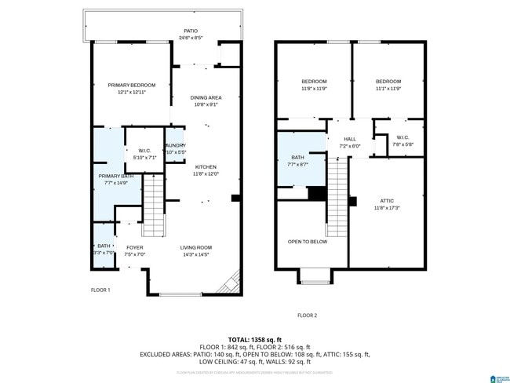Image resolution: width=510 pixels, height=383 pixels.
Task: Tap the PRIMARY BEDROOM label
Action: pyautogui.click(x=132, y=85)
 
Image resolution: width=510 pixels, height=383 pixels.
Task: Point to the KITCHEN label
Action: pyautogui.click(x=206, y=166)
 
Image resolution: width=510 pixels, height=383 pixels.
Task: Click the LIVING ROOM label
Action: pyautogui.click(x=196, y=247)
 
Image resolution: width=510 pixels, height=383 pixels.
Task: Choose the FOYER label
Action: pyautogui.click(x=135, y=247)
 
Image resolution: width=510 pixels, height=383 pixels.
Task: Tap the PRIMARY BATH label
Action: pyautogui.click(x=115, y=176)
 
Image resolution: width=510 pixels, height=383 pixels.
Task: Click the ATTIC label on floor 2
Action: pyautogui.click(x=388, y=200)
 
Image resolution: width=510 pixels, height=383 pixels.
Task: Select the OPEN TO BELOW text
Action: pyautogui.click(x=308, y=242)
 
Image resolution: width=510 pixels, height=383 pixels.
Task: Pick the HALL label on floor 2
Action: pyautogui.click(x=350, y=139)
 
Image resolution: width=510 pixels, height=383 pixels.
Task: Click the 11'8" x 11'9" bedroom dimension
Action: pyautogui.click(x=314, y=89)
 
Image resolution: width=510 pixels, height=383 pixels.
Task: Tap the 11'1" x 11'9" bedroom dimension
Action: pyautogui.click(x=388, y=89)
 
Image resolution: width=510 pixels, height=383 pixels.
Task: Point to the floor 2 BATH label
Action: pyautogui.click(x=287, y=157)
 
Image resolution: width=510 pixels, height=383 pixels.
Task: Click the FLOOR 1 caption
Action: pyautogui.click(x=100, y=290)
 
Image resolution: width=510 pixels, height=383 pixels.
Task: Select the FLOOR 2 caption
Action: pyautogui.click(x=308, y=315)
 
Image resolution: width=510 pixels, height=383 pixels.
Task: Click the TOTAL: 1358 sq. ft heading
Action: pyautogui.click(x=255, y=338)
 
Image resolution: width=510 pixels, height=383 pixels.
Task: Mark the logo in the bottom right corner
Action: pyautogui.click(x=497, y=377)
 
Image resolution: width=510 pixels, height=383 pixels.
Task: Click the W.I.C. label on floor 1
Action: pyautogui.click(x=144, y=151)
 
